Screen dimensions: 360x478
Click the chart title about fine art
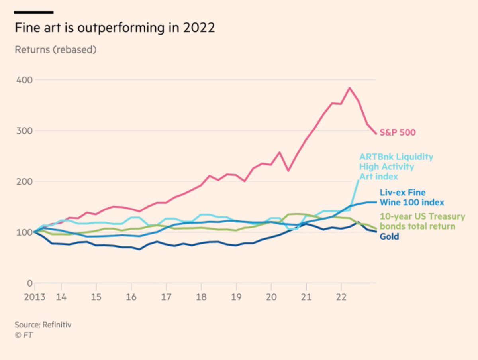click(114, 28)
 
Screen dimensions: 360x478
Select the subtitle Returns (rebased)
click(56, 50)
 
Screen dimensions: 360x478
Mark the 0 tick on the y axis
click(28, 283)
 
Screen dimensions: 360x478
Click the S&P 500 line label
click(398, 132)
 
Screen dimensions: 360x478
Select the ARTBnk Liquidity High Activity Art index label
click(396, 166)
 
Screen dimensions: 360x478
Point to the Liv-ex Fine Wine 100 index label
click(411, 197)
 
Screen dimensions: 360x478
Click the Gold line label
click(389, 237)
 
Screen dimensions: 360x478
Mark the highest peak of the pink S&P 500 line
click(350, 88)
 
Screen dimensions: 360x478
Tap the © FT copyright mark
click(24, 335)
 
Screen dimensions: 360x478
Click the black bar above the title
click(34, 12)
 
